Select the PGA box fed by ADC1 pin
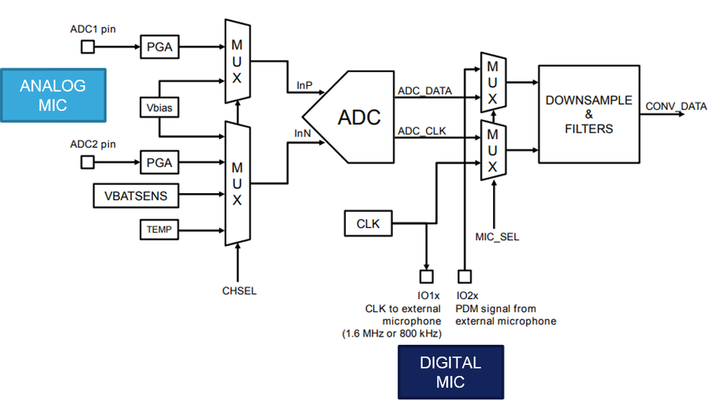pyautogui.click(x=159, y=48)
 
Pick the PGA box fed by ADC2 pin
pyautogui.click(x=159, y=162)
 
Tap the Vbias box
pyautogui.click(x=158, y=107)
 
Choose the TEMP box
pyautogui.click(x=159, y=230)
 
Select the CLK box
pyautogui.click(x=368, y=224)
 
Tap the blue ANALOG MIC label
pyautogui.click(x=53, y=95)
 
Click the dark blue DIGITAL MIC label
pyautogui.click(x=450, y=372)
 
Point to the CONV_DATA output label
pyautogui.click(x=675, y=107)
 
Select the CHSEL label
pyautogui.click(x=239, y=291)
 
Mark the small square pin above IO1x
pyautogui.click(x=426, y=276)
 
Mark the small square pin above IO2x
pyautogui.click(x=463, y=276)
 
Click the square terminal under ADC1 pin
pyautogui.click(x=87, y=48)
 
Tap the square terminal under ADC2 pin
pyautogui.click(x=87, y=162)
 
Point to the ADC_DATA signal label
pyautogui.click(x=425, y=92)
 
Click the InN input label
pyautogui.click(x=302, y=133)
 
